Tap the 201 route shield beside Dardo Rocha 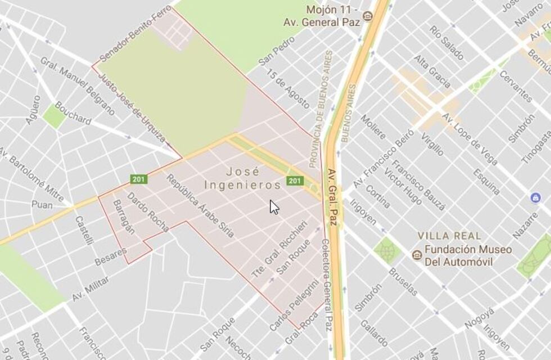(139, 179)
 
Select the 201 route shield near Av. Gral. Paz (295, 181)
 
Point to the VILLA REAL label (449, 236)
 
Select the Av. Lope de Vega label (471, 139)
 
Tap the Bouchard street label (73, 112)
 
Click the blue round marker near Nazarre (535, 198)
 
